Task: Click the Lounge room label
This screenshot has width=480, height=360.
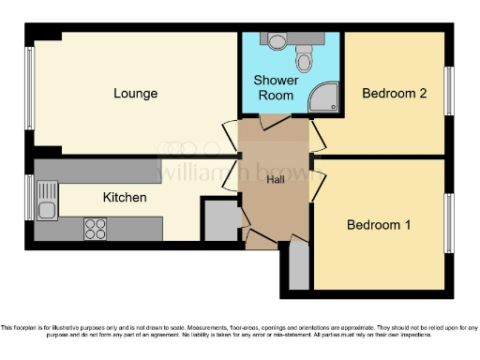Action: (x=135, y=94)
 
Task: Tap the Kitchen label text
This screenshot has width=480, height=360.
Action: (x=124, y=198)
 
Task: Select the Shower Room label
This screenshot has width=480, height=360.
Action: (x=277, y=87)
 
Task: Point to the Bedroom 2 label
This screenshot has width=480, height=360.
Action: (x=395, y=94)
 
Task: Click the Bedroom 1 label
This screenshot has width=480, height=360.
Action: (x=379, y=225)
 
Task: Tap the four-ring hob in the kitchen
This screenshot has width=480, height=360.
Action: (x=95, y=226)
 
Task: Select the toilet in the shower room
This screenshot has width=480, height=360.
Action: (x=304, y=60)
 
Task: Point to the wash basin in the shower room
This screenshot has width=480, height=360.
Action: (x=274, y=40)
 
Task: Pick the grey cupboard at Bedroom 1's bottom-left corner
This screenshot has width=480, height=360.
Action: (x=298, y=266)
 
